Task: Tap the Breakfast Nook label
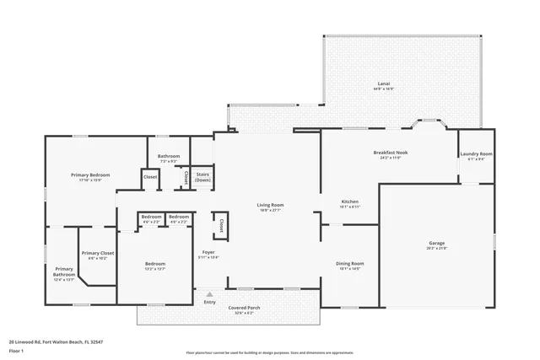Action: (389, 153)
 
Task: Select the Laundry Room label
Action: (476, 154)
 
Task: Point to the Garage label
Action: (436, 243)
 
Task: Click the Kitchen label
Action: (350, 201)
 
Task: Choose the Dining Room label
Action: (350, 263)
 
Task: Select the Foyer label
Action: (208, 252)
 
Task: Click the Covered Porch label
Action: (244, 308)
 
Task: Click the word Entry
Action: (209, 302)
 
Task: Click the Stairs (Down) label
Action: (202, 177)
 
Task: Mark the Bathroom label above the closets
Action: (169, 156)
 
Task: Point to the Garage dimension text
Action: (436, 249)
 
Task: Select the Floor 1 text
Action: (17, 351)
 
